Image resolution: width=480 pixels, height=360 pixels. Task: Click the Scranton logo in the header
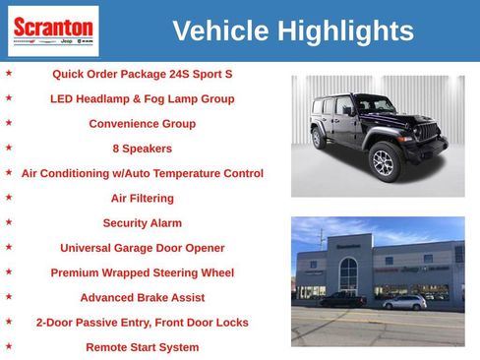(52, 30)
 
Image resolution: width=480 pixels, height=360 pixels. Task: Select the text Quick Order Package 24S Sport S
(142, 74)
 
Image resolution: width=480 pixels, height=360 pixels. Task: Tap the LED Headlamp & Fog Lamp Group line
(142, 99)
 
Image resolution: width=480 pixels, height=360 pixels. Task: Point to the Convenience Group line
(142, 124)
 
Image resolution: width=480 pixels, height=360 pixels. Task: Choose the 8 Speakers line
(142, 149)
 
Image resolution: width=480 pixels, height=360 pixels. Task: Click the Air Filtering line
(142, 198)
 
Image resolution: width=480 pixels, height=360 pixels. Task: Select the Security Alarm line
(142, 223)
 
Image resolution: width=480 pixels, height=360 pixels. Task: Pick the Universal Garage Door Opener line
(142, 248)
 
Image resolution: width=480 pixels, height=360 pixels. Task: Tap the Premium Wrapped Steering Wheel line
(142, 272)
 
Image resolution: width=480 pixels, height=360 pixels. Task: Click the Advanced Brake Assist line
(142, 297)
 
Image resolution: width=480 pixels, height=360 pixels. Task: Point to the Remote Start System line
(142, 347)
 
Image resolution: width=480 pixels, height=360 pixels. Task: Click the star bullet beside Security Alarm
(9, 222)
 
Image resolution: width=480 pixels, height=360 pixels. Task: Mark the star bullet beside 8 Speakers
(9, 148)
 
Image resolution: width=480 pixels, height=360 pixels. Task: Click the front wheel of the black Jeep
(383, 163)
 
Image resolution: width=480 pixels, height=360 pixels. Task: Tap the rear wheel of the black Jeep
(319, 139)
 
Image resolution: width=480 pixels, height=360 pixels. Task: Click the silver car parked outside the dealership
(404, 302)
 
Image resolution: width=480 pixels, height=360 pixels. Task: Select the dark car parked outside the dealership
(343, 300)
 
